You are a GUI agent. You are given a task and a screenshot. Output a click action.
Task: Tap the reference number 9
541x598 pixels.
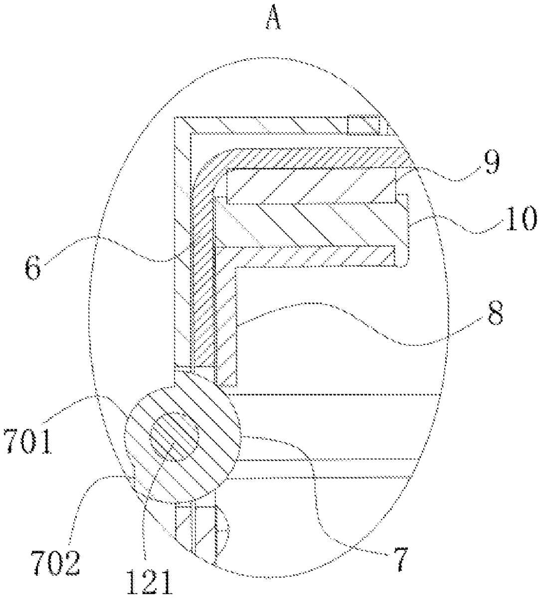point(491,164)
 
